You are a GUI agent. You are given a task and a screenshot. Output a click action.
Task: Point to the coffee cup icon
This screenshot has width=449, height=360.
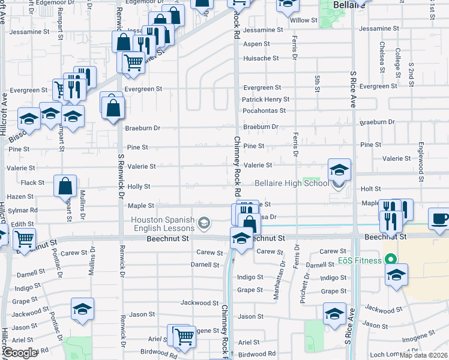pos(441,218)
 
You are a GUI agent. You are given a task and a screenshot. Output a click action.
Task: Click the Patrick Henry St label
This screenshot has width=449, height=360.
pos(265,100)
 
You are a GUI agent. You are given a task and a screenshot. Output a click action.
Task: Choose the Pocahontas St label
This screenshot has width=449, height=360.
pos(264,111)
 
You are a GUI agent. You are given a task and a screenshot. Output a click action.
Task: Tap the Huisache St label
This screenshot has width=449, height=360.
pos(261,58)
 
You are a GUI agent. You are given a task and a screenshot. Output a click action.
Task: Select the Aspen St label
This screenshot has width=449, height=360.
pos(257,44)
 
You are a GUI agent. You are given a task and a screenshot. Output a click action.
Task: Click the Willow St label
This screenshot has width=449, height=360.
pos(304,20)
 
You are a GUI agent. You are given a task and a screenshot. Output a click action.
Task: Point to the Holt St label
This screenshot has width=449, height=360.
pos(371,188)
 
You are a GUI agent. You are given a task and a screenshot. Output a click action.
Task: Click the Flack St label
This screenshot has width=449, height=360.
pos(32,182)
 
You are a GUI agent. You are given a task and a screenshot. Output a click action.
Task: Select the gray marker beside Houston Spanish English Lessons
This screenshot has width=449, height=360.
pos(205,224)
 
